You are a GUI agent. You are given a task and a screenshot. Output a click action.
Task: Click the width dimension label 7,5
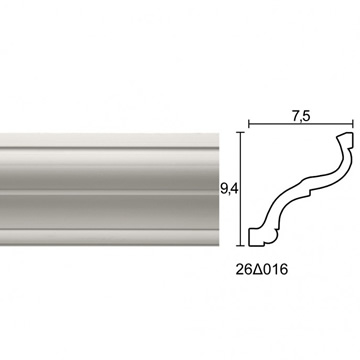(302, 117)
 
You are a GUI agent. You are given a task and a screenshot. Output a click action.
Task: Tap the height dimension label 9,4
(228, 189)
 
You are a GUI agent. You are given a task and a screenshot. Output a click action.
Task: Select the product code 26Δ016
(261, 270)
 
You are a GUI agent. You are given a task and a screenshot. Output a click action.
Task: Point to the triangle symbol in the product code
(257, 270)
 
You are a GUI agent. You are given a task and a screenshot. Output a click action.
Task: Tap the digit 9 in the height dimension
(223, 189)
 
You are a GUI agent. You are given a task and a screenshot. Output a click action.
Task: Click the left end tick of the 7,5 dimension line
(249, 124)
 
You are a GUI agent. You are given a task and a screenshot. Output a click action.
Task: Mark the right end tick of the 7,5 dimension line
(353, 124)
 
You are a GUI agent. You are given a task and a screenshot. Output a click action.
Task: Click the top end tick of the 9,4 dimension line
(241, 132)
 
